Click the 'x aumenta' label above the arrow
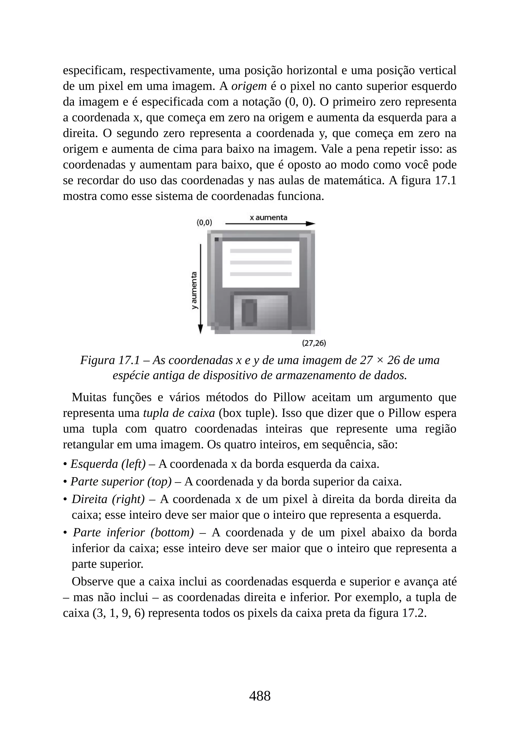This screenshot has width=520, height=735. click(268, 218)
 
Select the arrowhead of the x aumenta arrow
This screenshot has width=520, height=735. click(310, 224)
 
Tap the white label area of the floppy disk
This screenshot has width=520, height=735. click(261, 264)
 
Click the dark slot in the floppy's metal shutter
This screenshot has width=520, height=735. click(249, 311)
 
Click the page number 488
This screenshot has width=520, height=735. click(260, 696)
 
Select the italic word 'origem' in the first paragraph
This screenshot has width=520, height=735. click(249, 86)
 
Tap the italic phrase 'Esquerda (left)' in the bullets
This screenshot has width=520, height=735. click(108, 464)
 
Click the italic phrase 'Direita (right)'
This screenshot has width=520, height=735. click(108, 499)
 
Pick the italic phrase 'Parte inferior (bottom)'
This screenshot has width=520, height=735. click(133, 533)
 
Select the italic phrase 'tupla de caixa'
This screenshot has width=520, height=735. click(179, 413)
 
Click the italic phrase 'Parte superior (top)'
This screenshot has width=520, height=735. click(121, 481)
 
